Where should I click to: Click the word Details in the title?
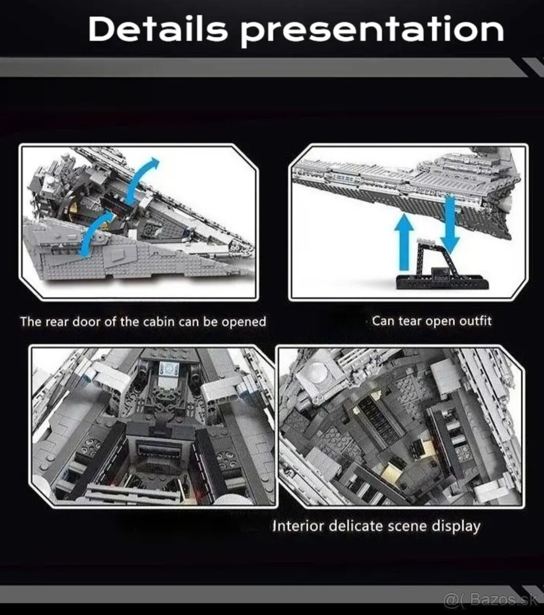click(158, 29)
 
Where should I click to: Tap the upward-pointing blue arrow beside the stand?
click(404, 241)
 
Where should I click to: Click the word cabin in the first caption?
click(159, 321)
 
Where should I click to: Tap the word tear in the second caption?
click(411, 321)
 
